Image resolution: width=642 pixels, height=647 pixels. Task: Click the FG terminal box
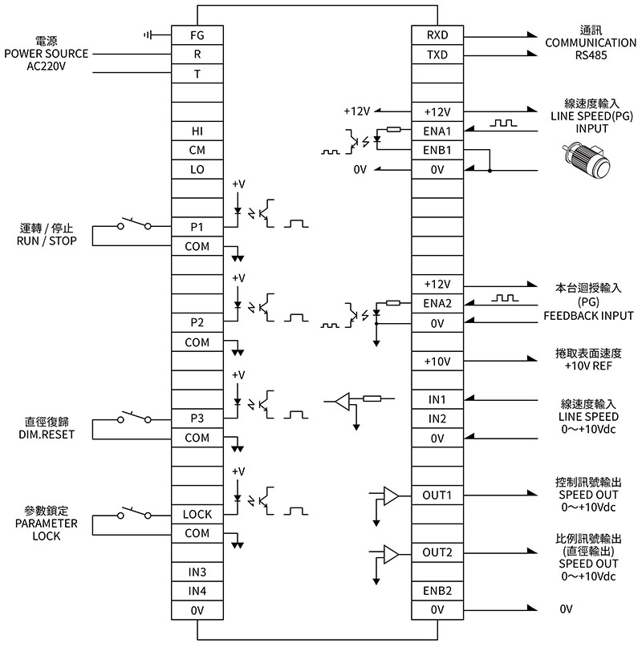pos(197,35)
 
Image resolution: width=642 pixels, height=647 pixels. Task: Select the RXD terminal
pos(437,35)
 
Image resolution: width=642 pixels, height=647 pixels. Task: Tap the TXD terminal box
pos(437,55)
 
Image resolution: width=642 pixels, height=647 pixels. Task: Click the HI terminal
pos(197,131)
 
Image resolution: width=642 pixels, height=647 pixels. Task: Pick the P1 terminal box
pos(197,227)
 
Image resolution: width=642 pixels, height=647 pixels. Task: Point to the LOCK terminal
pos(197,514)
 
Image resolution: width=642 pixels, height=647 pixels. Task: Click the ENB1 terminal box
pos(437,150)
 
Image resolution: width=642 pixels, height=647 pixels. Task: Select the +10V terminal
pos(437,362)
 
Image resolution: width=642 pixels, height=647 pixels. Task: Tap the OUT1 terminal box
pos(437,495)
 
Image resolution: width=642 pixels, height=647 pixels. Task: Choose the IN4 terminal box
pos(197,591)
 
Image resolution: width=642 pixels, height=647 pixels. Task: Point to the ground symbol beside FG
pos(148,35)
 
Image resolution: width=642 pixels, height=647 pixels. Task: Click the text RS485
pos(591,57)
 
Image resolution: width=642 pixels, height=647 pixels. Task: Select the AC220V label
pos(44,66)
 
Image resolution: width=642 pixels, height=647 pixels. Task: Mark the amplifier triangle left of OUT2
pos(391,554)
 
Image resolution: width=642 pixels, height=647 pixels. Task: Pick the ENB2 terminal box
pos(437,591)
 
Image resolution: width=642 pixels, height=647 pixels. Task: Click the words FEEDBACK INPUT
pos(588,315)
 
